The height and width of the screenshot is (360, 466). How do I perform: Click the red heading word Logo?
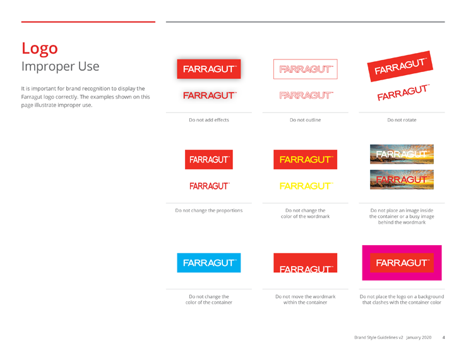click(x=40, y=49)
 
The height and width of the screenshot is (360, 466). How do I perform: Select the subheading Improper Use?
click(x=61, y=66)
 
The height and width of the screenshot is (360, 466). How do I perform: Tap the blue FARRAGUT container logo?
click(x=208, y=263)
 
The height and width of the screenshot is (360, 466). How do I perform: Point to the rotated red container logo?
click(x=400, y=66)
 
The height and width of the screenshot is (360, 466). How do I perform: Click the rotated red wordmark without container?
click(x=403, y=92)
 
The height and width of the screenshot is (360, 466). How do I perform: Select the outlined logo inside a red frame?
click(x=305, y=69)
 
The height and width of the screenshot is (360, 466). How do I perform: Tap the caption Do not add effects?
click(x=209, y=120)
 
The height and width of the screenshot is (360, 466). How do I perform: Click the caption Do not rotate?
click(x=402, y=120)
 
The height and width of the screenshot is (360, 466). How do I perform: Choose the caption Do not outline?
click(x=305, y=120)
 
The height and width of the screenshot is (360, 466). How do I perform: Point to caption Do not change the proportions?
click(x=209, y=210)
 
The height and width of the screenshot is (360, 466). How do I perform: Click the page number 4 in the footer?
click(x=443, y=337)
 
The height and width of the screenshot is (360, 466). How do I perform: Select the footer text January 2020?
click(x=419, y=337)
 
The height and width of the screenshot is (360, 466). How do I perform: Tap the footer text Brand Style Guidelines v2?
click(x=379, y=337)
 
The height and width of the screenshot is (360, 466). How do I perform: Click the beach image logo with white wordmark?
click(x=402, y=154)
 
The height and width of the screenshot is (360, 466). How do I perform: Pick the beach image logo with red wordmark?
click(x=402, y=179)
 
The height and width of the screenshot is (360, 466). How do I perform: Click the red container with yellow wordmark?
click(x=305, y=160)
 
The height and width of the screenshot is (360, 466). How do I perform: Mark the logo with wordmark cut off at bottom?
click(x=305, y=263)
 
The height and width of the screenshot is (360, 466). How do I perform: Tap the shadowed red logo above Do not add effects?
click(x=208, y=69)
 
